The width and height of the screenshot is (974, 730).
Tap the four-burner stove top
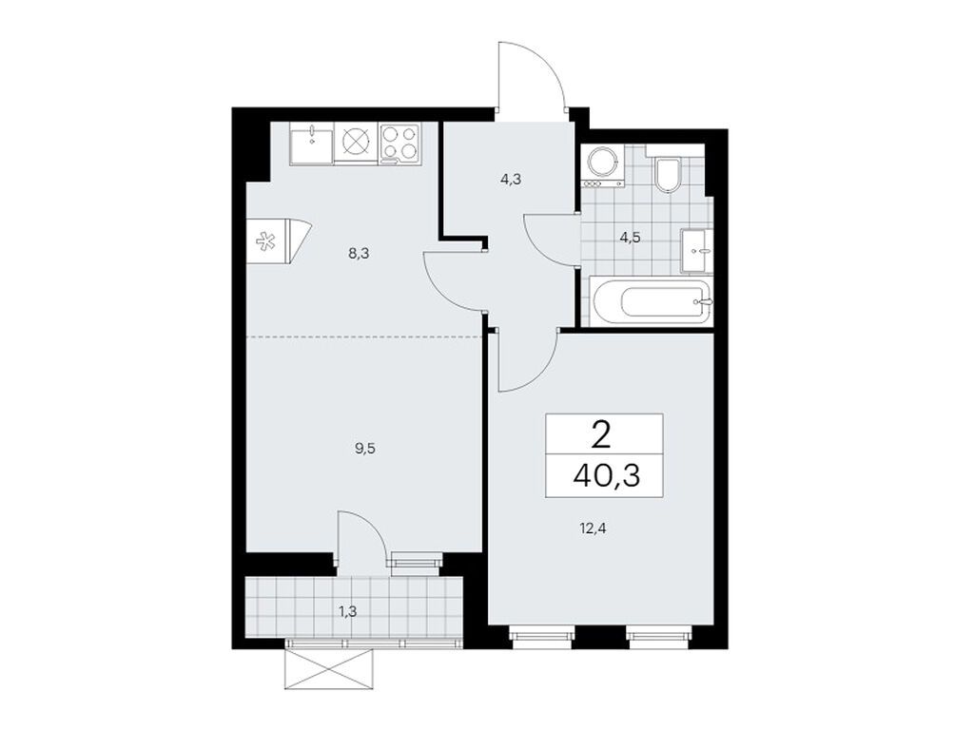click(x=400, y=144)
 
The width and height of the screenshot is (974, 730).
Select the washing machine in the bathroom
click(x=601, y=165)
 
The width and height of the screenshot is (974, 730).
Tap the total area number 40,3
click(x=603, y=474)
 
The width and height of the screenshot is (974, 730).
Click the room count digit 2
click(x=601, y=437)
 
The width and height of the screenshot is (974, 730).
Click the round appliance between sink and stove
click(x=355, y=143)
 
